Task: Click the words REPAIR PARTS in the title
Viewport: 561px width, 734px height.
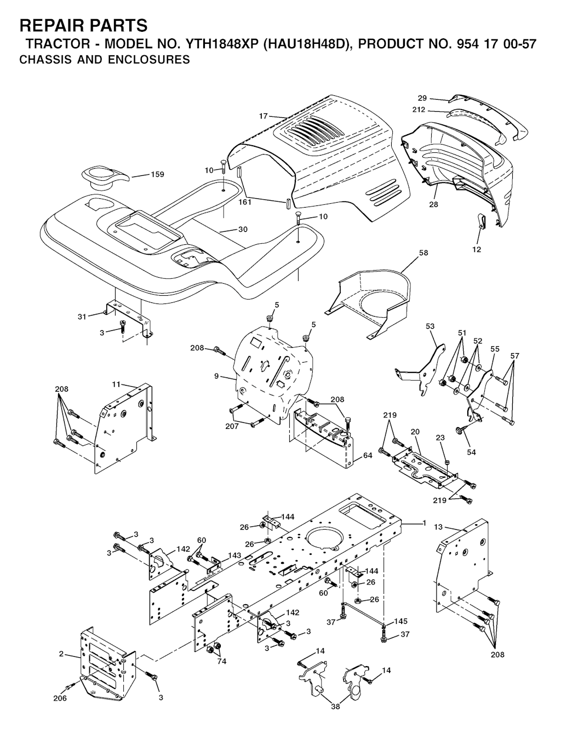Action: click(84, 25)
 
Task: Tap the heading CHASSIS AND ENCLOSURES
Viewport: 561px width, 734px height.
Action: click(105, 60)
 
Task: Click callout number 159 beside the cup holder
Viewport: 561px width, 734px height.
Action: click(158, 174)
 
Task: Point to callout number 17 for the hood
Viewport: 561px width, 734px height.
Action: click(264, 116)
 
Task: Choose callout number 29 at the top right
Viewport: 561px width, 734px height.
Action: click(422, 98)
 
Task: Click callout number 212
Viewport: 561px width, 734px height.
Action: click(419, 110)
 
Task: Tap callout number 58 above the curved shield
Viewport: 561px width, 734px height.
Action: click(423, 253)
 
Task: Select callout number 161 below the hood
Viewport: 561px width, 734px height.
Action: click(245, 202)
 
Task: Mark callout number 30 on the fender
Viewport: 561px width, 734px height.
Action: click(243, 230)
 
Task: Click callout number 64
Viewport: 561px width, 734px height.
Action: click(368, 456)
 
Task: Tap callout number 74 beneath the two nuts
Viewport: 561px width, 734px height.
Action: click(222, 662)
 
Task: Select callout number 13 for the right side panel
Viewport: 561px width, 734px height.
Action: click(438, 527)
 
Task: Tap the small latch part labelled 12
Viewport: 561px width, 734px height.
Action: click(480, 221)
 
